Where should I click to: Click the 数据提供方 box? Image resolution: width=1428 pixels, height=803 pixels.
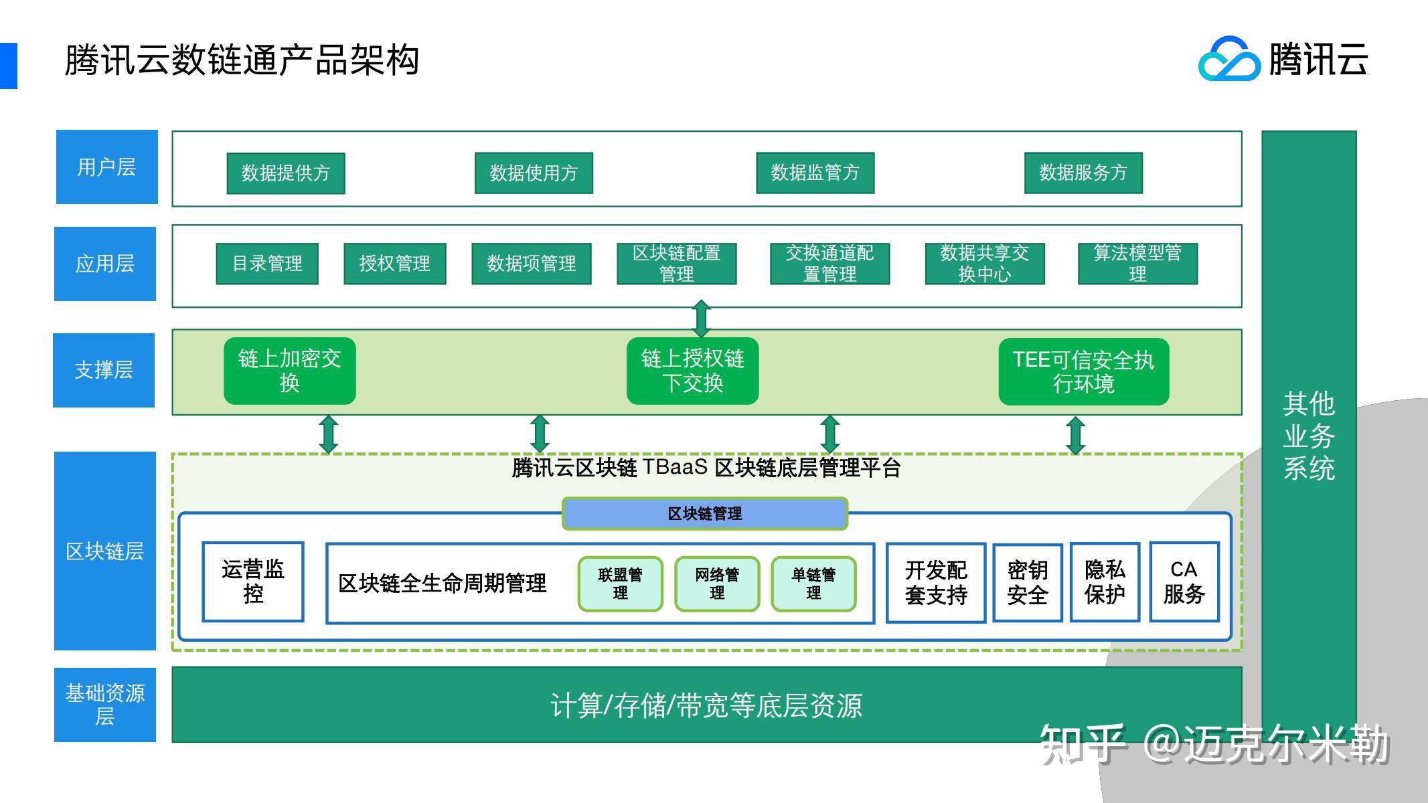point(286,173)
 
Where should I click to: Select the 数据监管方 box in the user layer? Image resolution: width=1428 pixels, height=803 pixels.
point(815,173)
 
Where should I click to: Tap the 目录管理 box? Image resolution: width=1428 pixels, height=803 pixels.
point(267,264)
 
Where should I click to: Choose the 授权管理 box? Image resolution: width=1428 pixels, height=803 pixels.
point(395,264)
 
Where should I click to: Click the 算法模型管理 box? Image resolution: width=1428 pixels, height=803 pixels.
point(1137,264)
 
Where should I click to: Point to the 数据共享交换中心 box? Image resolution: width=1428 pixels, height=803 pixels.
point(984,264)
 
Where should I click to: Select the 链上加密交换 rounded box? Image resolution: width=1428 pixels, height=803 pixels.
point(290,371)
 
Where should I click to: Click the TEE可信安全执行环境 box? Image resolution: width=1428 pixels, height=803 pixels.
point(1083,372)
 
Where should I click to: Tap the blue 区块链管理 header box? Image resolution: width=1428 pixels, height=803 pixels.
point(705,514)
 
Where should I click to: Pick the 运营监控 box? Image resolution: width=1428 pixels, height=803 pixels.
point(253,582)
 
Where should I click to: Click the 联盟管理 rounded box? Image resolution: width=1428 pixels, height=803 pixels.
point(621,584)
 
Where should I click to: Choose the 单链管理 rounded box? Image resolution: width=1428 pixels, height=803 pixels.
point(813,584)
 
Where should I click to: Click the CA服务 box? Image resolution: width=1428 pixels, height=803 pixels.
point(1184,582)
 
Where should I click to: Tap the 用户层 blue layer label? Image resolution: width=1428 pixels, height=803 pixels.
point(107,167)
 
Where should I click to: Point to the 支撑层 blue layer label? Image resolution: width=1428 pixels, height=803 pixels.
point(104,370)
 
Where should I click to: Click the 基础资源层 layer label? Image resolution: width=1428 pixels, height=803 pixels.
point(105,705)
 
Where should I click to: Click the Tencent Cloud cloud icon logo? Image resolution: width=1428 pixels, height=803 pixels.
point(1228,59)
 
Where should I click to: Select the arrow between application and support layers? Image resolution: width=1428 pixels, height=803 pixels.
point(701,319)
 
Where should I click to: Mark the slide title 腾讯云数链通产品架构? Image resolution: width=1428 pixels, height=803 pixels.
point(242,60)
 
